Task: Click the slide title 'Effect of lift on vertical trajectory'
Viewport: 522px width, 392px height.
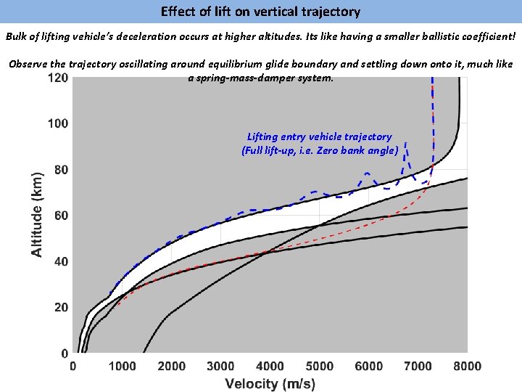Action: click(x=260, y=12)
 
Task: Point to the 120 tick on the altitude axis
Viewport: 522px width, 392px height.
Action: click(x=58, y=78)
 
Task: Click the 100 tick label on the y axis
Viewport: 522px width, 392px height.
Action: click(x=58, y=123)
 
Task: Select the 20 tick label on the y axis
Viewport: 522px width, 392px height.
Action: click(x=61, y=308)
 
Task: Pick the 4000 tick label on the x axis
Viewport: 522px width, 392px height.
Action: click(x=270, y=367)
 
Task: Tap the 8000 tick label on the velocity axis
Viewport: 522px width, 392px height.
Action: click(x=468, y=367)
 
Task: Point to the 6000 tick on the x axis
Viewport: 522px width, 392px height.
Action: click(x=369, y=367)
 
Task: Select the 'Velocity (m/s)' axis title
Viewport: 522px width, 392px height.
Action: click(x=270, y=383)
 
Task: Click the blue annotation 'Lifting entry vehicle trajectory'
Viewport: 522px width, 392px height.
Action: click(x=319, y=136)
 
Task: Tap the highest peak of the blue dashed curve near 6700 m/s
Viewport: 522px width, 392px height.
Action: click(x=406, y=143)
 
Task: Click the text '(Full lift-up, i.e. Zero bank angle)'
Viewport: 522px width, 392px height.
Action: click(x=319, y=150)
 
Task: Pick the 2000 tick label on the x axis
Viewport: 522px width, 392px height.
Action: click(x=171, y=367)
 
